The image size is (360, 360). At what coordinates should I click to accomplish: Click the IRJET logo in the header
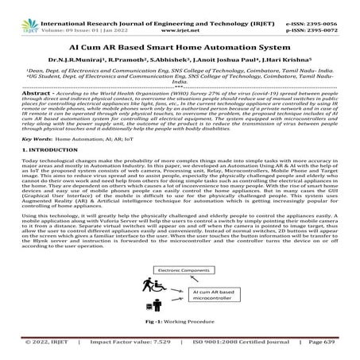(17, 10)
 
